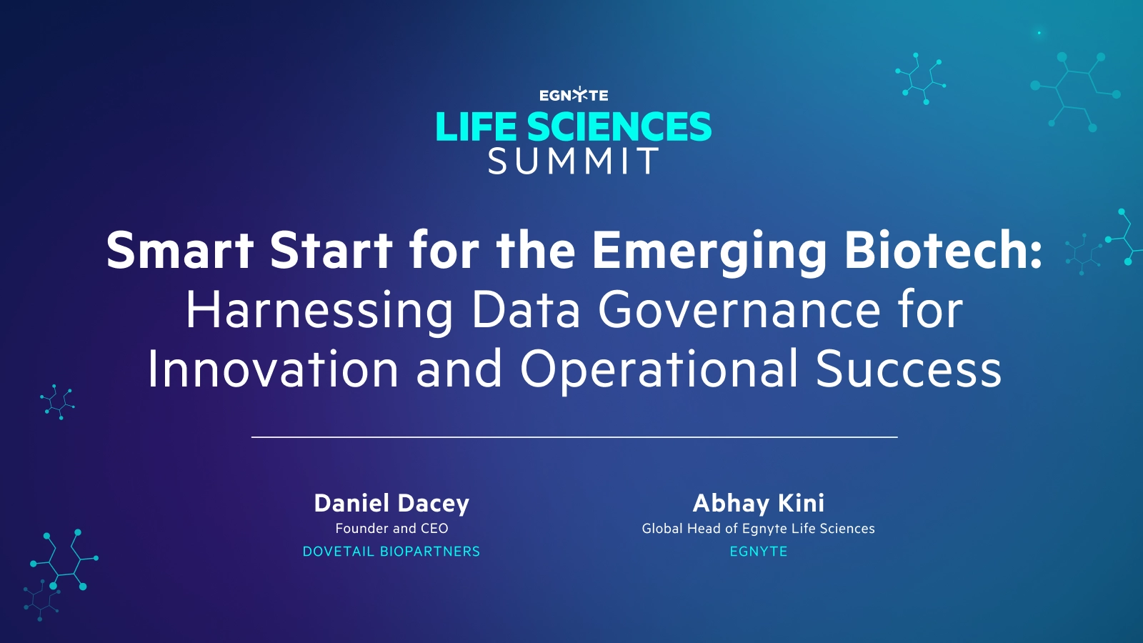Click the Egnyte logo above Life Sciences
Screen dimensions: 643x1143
pyautogui.click(x=574, y=95)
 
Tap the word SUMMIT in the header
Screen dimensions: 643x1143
pyautogui.click(x=574, y=161)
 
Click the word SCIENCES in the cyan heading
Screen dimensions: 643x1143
pyautogui.click(x=619, y=127)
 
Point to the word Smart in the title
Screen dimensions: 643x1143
pyautogui.click(x=179, y=250)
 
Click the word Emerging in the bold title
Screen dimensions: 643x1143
pyautogui.click(x=709, y=251)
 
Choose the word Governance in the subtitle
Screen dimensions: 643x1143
pyautogui.click(x=739, y=310)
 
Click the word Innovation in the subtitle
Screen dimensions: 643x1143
pyautogui.click(x=272, y=369)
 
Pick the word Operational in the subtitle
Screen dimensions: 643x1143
pyautogui.click(x=659, y=369)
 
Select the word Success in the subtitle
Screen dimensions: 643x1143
pyautogui.click(x=908, y=369)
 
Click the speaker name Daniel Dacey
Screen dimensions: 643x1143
pyautogui.click(x=391, y=503)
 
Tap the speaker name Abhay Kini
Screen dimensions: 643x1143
pyautogui.click(x=758, y=503)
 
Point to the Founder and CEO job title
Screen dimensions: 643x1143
pyautogui.click(x=391, y=529)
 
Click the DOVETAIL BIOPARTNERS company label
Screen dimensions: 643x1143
pyautogui.click(x=391, y=552)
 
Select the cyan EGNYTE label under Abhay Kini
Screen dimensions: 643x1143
pyautogui.click(x=758, y=552)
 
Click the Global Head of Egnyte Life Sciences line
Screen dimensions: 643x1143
pyautogui.click(x=758, y=529)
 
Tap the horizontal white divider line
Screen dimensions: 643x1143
pyautogui.click(x=574, y=437)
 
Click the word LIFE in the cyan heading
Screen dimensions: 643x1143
pyautogui.click(x=476, y=127)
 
